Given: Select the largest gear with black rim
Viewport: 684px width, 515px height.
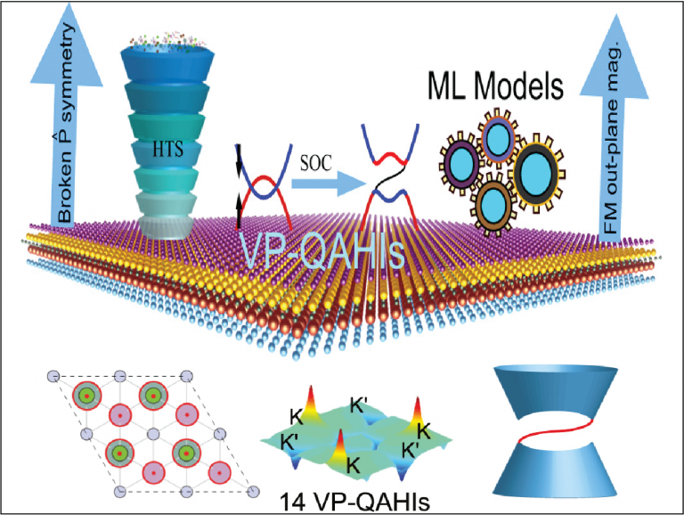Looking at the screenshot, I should click(537, 172).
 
